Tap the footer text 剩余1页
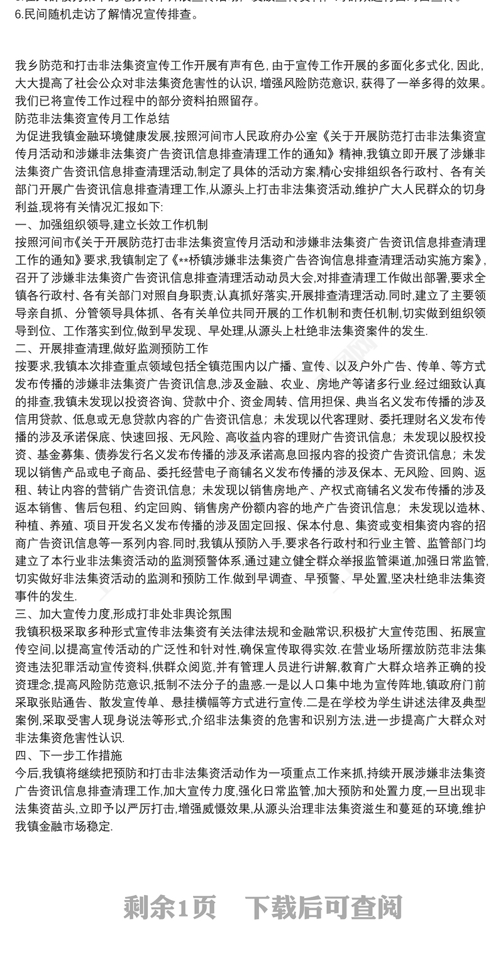(170, 907)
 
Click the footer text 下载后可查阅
(323, 907)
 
